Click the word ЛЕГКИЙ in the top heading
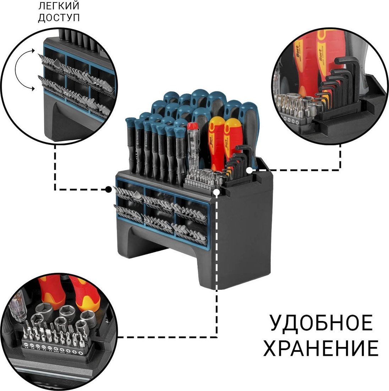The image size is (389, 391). (x=59, y=6)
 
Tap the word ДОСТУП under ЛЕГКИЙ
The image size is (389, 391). (x=59, y=18)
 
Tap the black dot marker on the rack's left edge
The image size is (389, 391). (x=109, y=189)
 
